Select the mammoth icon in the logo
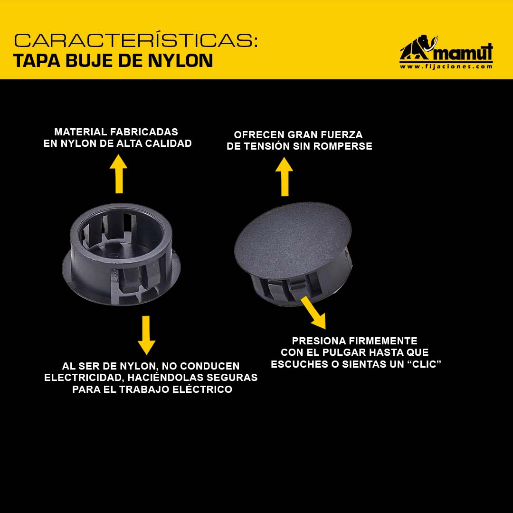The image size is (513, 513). pyautogui.click(x=418, y=48)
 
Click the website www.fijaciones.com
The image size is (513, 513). pyautogui.click(x=446, y=66)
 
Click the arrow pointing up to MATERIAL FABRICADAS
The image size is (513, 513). pyautogui.click(x=118, y=174)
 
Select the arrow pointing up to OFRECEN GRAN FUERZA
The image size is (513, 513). pyautogui.click(x=284, y=177)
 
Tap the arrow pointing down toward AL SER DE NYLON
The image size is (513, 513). pyautogui.click(x=146, y=335)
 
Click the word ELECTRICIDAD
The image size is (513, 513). pyautogui.click(x=84, y=378)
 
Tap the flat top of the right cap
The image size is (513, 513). pyautogui.click(x=293, y=239)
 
